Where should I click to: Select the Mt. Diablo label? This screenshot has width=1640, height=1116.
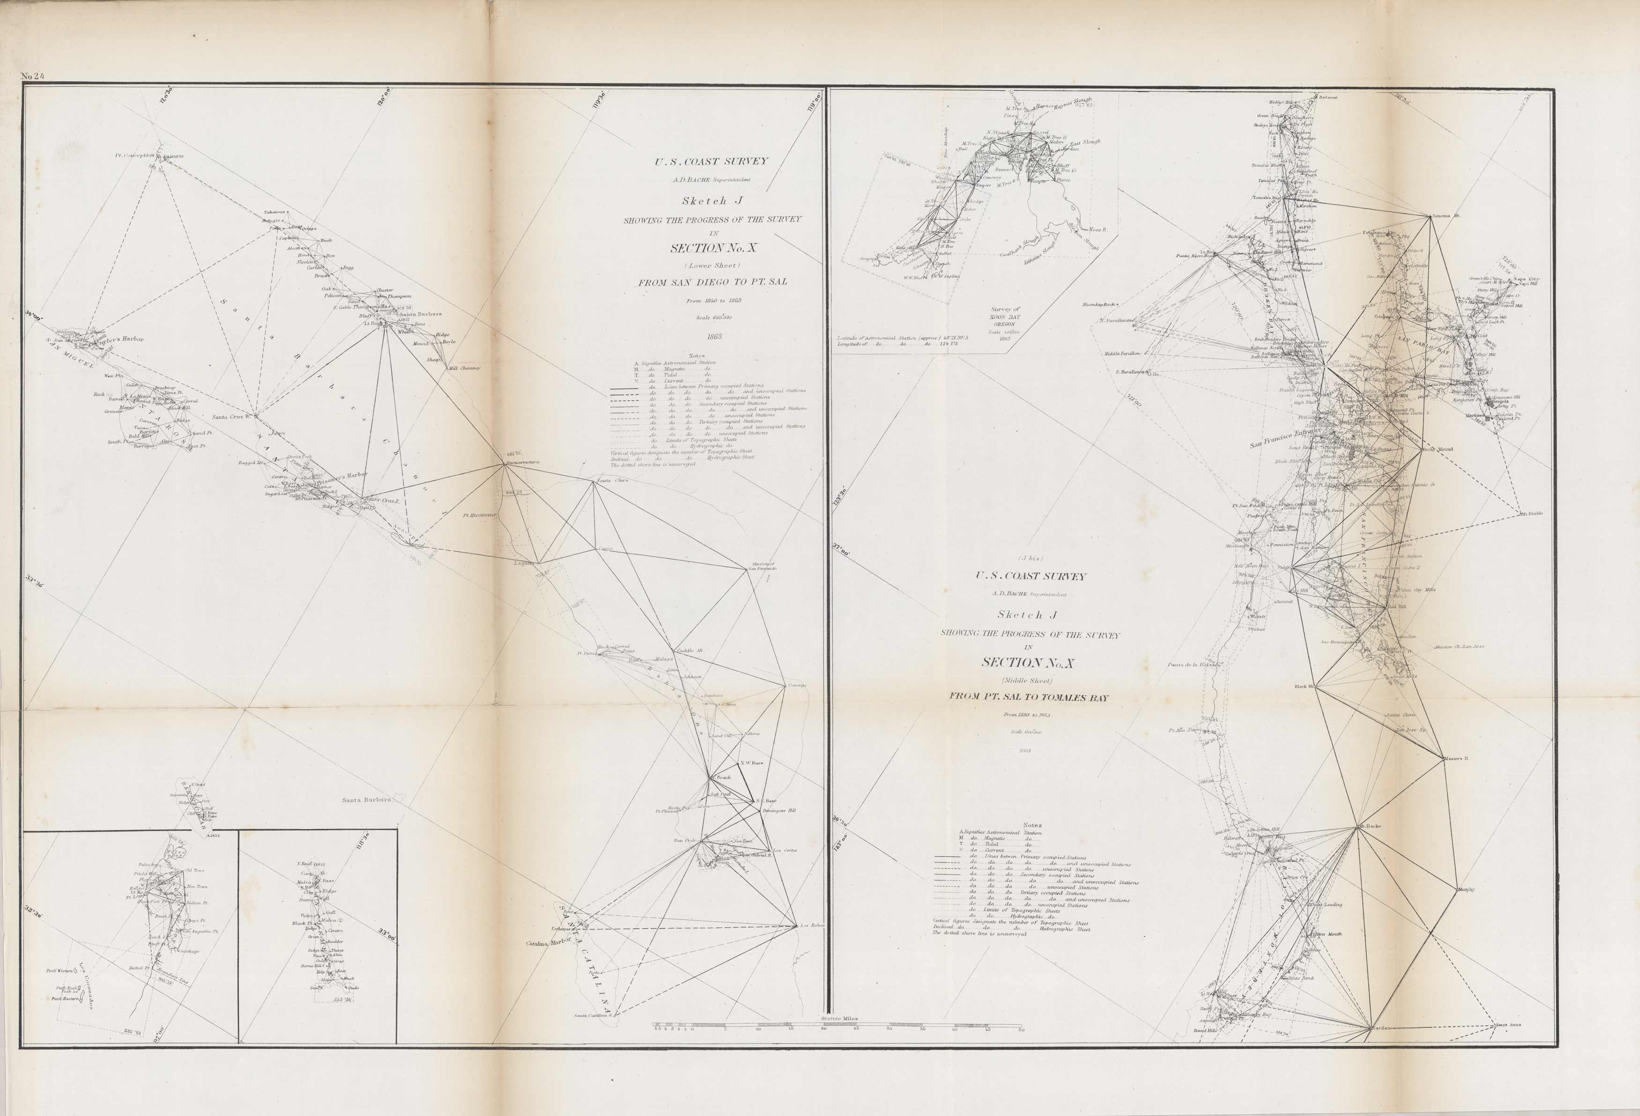[1530, 514]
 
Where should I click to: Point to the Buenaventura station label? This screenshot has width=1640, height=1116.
[522, 463]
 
